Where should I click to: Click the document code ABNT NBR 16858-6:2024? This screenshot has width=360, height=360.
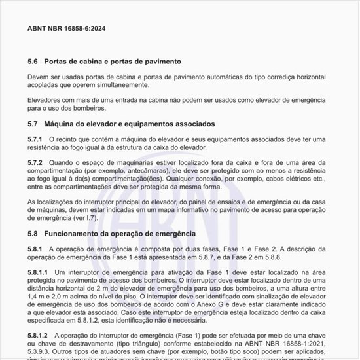(66, 29)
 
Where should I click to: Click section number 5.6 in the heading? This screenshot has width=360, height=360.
(33, 62)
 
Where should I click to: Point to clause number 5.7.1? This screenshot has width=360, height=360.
(35, 139)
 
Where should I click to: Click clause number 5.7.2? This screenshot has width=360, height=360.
(35, 162)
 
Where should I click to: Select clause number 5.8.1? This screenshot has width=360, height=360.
(35, 249)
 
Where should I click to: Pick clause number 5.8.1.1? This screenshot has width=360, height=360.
(38, 272)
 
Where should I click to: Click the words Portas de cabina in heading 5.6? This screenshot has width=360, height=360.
(73, 62)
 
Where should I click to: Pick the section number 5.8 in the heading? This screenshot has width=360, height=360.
(33, 234)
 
